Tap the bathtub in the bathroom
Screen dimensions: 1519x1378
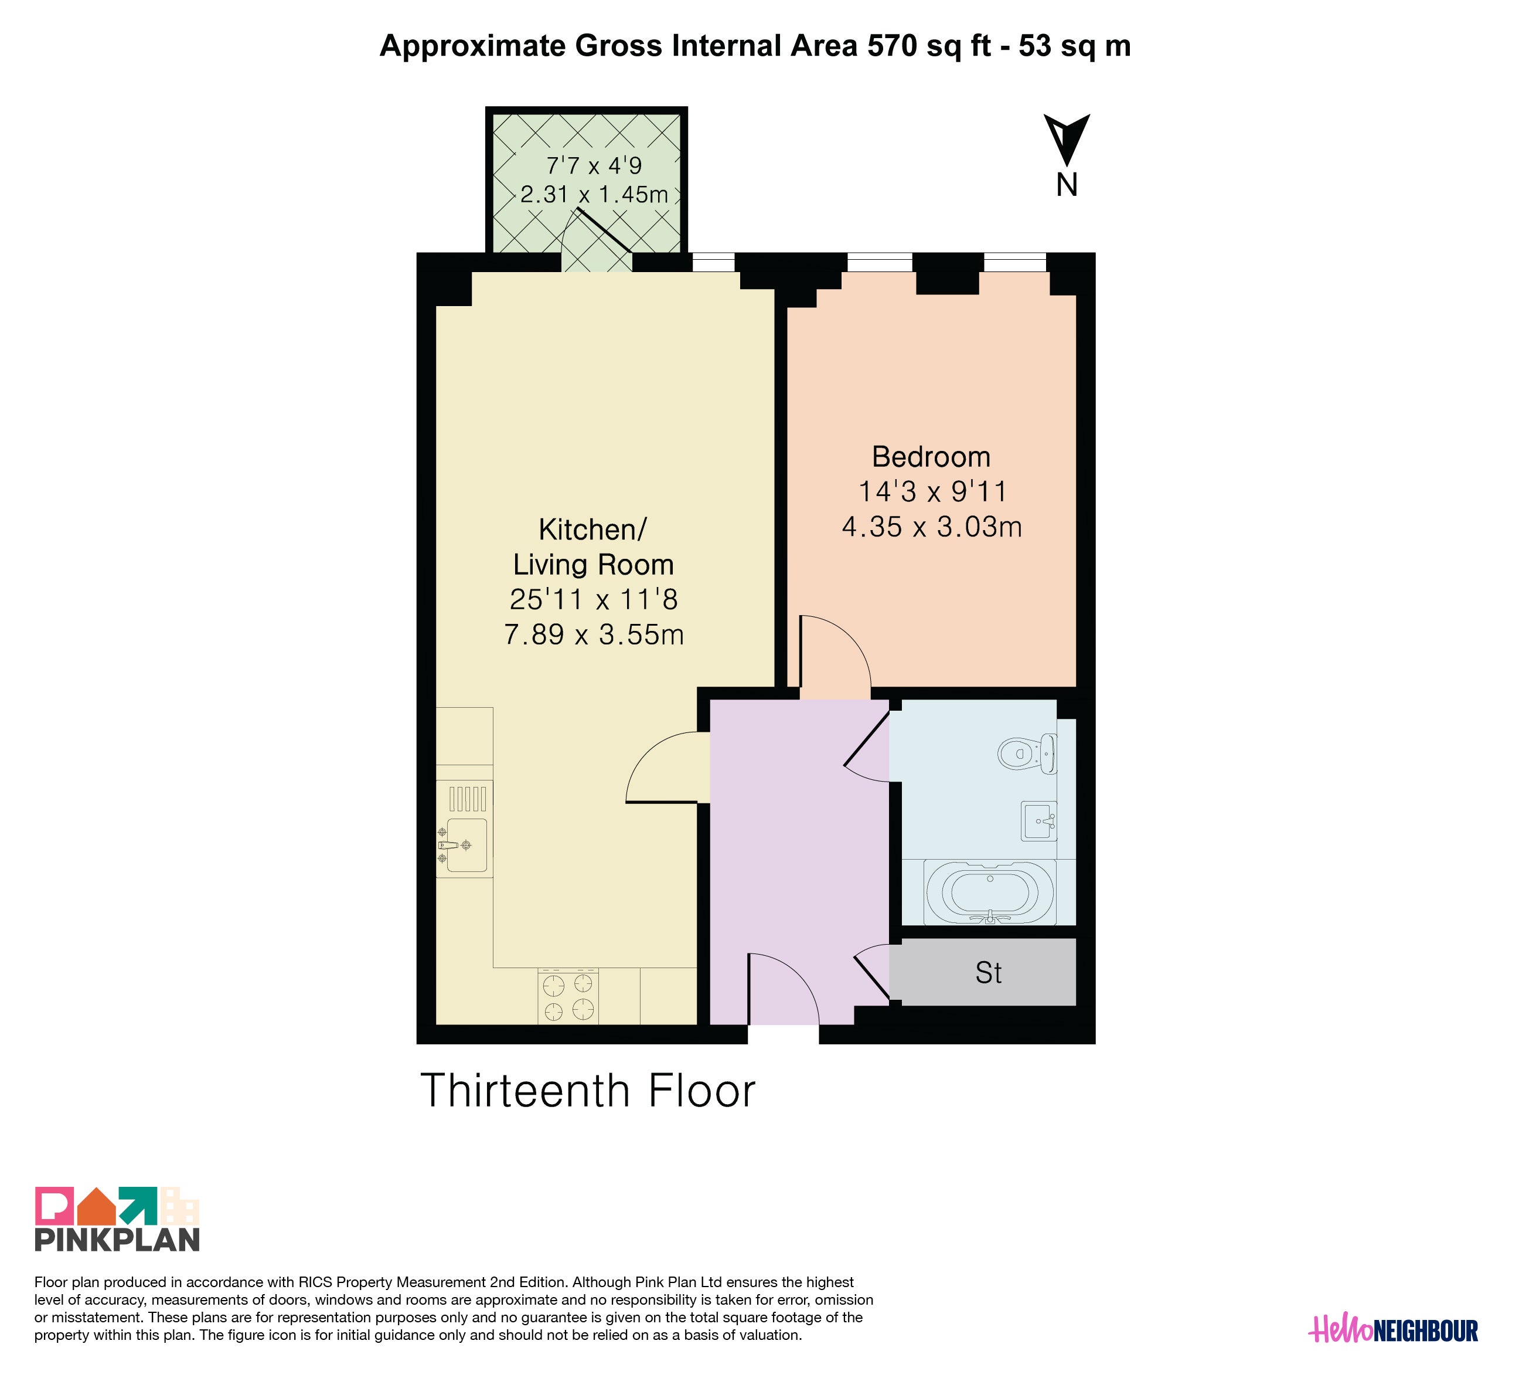(990, 892)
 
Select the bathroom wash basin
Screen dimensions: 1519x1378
(1039, 820)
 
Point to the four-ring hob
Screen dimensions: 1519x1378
(568, 996)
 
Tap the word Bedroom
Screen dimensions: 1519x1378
(931, 457)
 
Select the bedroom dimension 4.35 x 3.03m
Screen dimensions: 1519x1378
(932, 526)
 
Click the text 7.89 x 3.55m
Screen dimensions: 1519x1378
(594, 634)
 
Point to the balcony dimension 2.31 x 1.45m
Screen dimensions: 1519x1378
(594, 195)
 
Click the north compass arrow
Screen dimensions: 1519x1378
(1066, 139)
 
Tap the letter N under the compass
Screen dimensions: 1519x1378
(1066, 185)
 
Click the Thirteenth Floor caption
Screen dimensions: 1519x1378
(588, 1091)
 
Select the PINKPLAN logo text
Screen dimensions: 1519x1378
(118, 1240)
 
